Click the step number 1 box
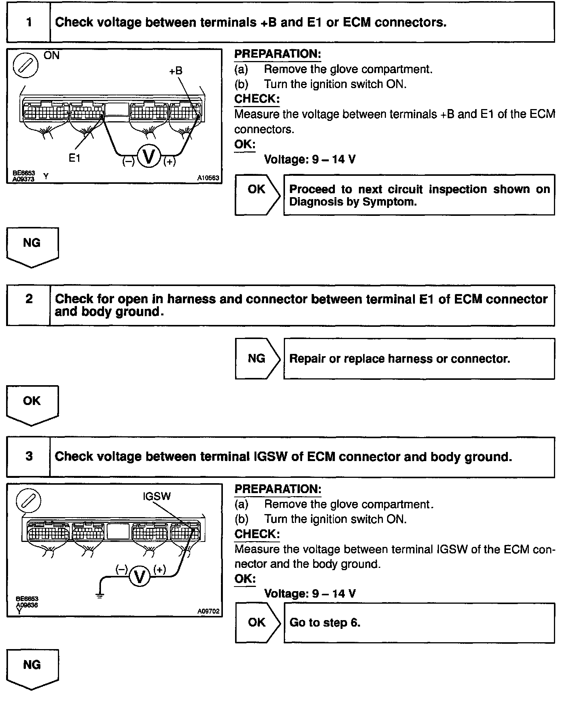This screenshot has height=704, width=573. tap(29, 22)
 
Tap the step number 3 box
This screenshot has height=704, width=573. tap(29, 456)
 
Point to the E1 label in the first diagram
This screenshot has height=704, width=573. tap(75, 158)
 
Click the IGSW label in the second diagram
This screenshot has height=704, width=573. tap(157, 496)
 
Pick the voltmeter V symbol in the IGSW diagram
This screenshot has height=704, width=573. tap(140, 577)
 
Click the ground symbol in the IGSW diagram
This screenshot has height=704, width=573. tap(100, 596)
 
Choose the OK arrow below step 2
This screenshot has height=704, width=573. tap(32, 405)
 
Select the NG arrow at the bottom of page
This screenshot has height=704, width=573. tap(32, 669)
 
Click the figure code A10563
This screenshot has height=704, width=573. tap(208, 178)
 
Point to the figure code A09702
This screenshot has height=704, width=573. tap(208, 611)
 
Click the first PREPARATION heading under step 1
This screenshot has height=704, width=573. tap(278, 54)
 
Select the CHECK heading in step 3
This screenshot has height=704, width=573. tap(257, 534)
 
